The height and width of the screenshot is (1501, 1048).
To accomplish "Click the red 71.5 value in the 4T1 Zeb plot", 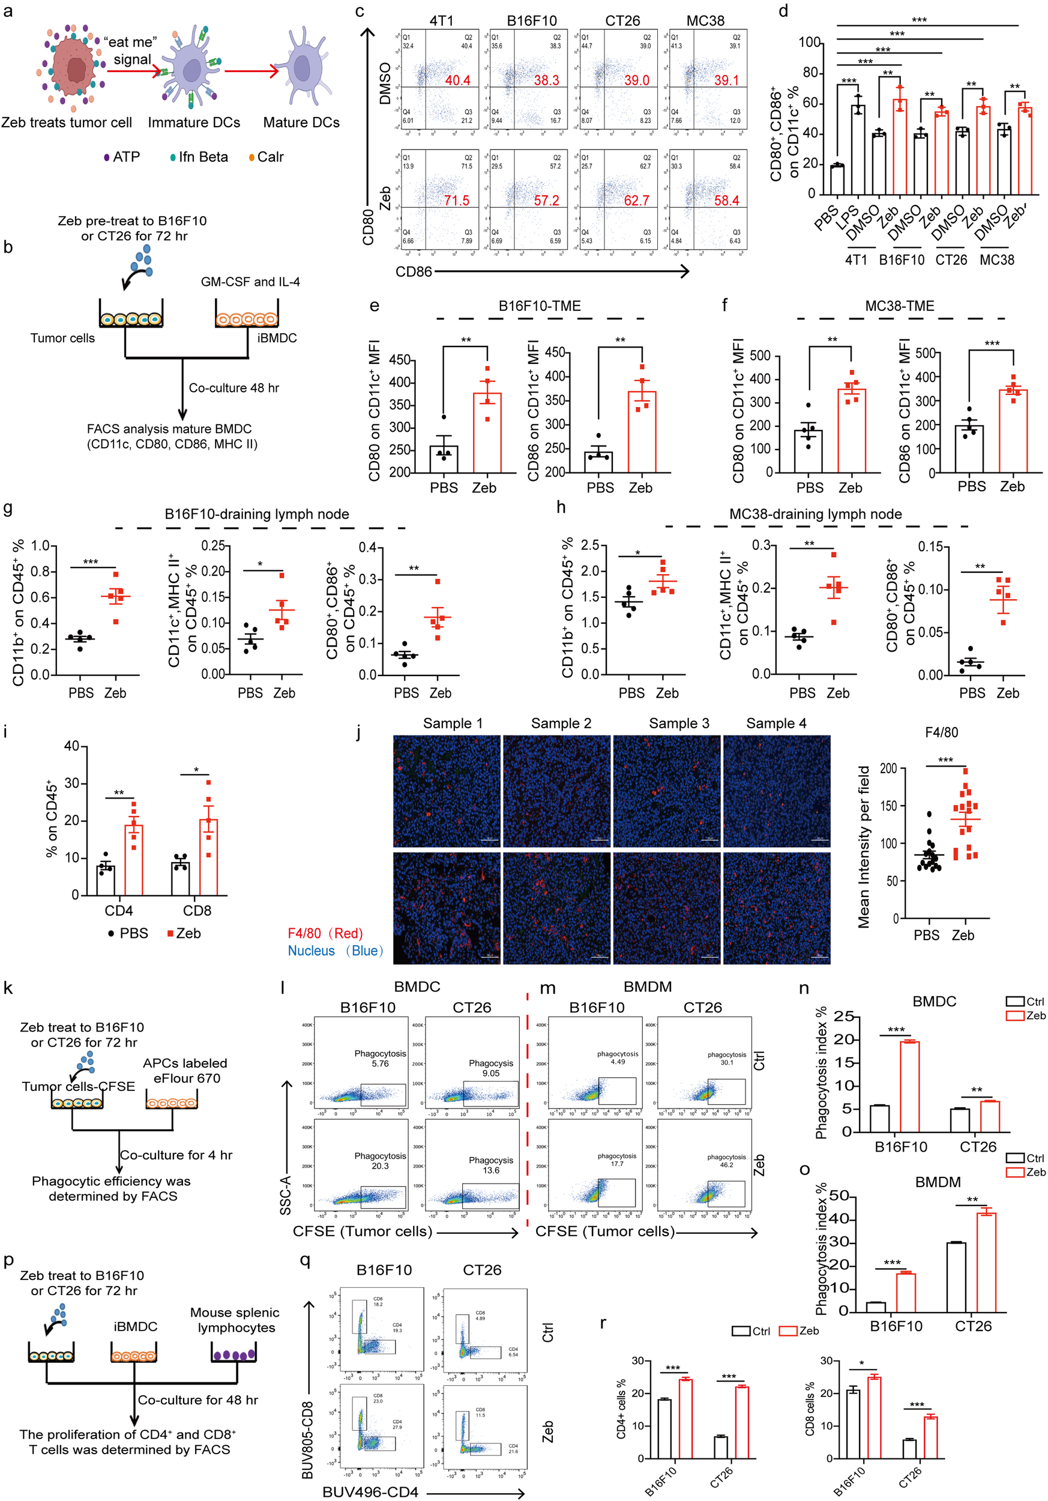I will tap(456, 200).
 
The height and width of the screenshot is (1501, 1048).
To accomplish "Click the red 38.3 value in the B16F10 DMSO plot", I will tap(546, 80).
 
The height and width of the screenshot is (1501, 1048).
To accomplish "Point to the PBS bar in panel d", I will tap(837, 180).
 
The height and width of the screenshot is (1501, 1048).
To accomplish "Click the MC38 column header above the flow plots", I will tap(705, 21).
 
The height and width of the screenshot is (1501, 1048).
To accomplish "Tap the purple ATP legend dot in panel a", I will tap(106, 157).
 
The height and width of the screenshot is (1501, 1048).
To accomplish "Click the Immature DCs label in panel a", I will tap(193, 123).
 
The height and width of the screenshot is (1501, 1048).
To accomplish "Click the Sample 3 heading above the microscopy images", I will tap(678, 723).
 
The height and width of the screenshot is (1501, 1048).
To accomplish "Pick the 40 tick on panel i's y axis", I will tap(72, 746).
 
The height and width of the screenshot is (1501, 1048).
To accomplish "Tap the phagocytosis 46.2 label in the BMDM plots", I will tap(726, 1161).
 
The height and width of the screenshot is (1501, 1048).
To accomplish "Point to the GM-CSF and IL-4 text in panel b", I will tap(250, 282).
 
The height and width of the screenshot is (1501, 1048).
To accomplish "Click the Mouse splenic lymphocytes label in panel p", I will tap(235, 1320).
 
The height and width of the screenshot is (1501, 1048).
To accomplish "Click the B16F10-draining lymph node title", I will tap(256, 515).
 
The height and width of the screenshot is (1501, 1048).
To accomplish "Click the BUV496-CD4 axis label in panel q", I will tap(370, 1492).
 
